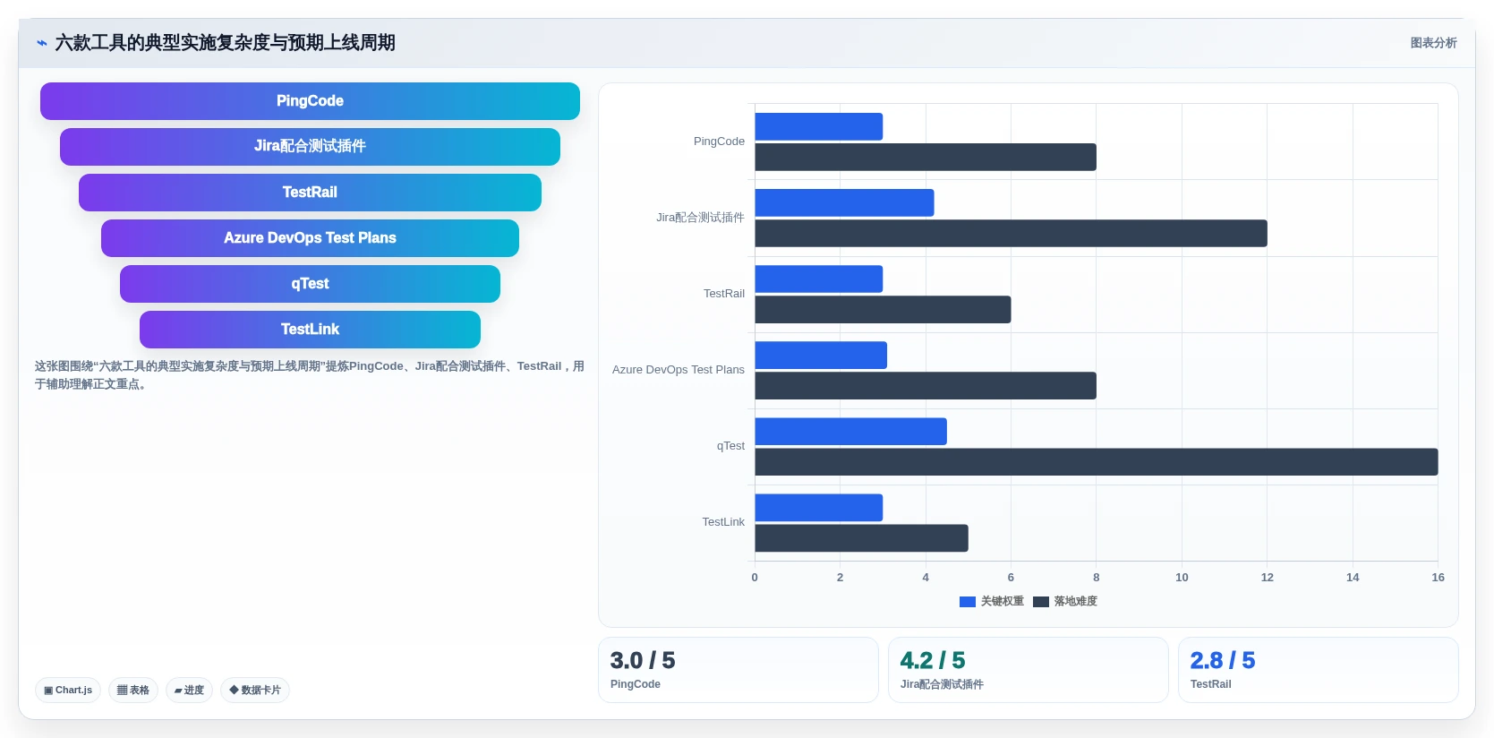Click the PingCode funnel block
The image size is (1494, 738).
pyautogui.click(x=310, y=100)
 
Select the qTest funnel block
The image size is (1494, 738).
pyautogui.click(x=310, y=284)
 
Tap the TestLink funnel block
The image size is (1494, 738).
pyautogui.click(x=310, y=329)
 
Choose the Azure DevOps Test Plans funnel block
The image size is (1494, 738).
pyautogui.click(x=310, y=237)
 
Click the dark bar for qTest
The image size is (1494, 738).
pyautogui.click(x=1096, y=462)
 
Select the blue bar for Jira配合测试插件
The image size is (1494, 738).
pyautogui.click(x=844, y=202)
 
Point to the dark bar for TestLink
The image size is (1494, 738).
pyautogui.click(x=861, y=537)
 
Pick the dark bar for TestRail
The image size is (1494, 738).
pyautogui.click(x=883, y=310)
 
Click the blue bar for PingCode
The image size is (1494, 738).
pyautogui.click(x=818, y=127)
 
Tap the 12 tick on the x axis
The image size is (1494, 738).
pyautogui.click(x=1267, y=577)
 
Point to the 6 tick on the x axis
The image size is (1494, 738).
pyautogui.click(x=1011, y=577)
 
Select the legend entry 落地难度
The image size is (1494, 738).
pyautogui.click(x=1064, y=601)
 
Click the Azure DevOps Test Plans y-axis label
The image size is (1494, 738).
pyautogui.click(x=679, y=370)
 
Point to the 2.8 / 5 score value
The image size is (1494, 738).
pyautogui.click(x=1223, y=661)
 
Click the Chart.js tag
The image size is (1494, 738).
pyautogui.click(x=68, y=690)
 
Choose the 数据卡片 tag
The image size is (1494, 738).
pyautogui.click(x=255, y=690)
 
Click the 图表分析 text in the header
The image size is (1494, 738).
pyautogui.click(x=1433, y=43)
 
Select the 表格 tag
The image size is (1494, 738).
pyautogui.click(x=133, y=690)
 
